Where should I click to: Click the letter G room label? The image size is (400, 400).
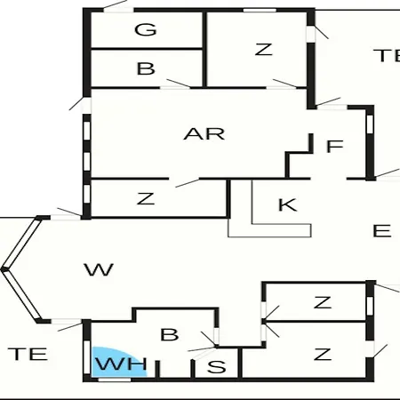point(146,29)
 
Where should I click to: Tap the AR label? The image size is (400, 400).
point(204,134)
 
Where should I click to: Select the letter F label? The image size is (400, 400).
point(335,146)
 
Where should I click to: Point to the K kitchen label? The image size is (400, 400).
point(288,205)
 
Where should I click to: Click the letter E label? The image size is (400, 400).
point(382,231)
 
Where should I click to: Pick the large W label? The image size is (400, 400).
point(99,270)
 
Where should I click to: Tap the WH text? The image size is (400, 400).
point(121,364)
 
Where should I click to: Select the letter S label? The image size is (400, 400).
point(217,367)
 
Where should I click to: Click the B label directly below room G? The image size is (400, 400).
point(146,68)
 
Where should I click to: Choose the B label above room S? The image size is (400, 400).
point(170,334)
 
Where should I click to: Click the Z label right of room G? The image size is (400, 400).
point(263,50)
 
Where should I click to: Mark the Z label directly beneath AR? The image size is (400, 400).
point(146,198)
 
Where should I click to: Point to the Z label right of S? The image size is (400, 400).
point(323,354)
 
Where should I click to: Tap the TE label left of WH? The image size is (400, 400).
point(28,354)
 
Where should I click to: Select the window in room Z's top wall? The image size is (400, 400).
point(260,11)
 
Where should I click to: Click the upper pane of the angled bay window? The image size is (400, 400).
point(21,243)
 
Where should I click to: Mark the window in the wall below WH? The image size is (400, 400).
point(115,380)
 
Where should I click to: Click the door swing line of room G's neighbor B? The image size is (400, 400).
point(179,84)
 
